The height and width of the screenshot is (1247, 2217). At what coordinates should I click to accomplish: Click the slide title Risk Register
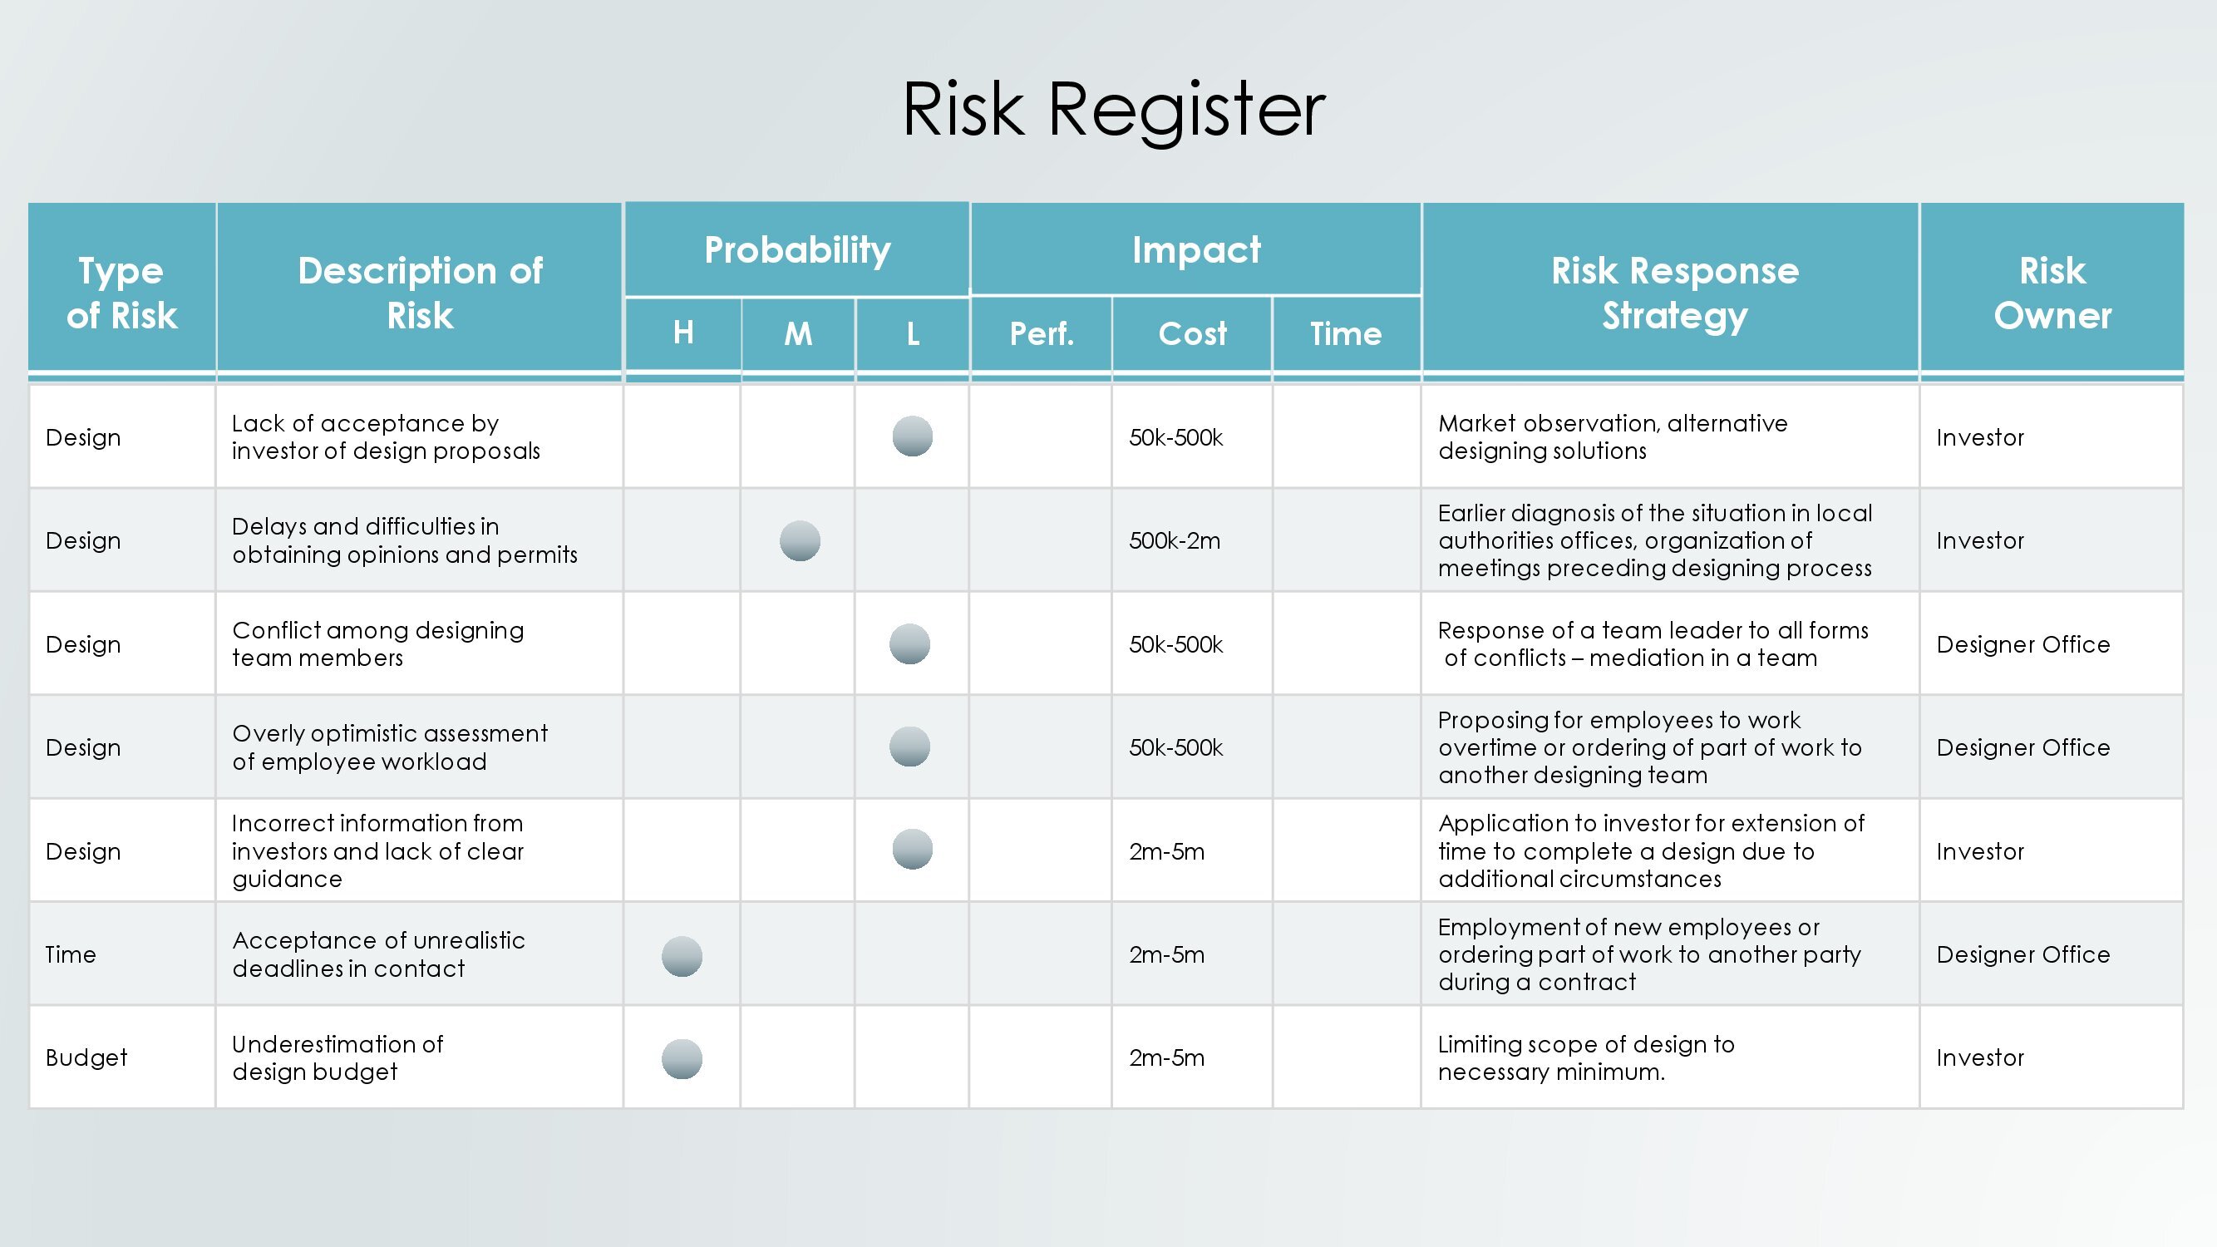click(1114, 111)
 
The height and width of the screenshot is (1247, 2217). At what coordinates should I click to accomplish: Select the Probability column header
click(797, 250)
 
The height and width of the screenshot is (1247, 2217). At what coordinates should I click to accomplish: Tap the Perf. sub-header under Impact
click(1042, 334)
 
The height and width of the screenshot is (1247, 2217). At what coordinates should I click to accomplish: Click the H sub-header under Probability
click(683, 333)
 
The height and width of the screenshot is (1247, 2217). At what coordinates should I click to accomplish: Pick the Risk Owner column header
click(2052, 293)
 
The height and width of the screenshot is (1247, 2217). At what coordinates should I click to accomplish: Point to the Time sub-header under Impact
click(1346, 334)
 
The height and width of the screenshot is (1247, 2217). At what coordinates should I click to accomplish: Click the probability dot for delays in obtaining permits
click(800, 540)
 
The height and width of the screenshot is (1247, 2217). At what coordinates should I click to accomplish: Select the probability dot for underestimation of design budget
click(682, 1058)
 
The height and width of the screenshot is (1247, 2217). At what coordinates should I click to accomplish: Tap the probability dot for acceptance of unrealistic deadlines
click(682, 956)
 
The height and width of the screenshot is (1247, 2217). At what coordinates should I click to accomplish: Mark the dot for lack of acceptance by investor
click(912, 436)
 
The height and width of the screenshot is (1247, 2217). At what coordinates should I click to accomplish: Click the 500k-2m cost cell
click(1175, 540)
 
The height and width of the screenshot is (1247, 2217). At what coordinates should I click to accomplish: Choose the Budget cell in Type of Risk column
click(86, 1057)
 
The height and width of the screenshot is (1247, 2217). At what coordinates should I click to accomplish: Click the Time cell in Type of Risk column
click(71, 954)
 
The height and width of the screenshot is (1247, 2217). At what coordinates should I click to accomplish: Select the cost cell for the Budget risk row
click(1167, 1057)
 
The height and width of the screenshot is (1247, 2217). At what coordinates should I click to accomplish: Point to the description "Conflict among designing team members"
click(378, 643)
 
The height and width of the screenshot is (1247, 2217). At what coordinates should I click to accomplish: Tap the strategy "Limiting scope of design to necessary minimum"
click(1586, 1057)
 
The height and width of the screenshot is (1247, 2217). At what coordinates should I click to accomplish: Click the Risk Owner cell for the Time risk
click(2023, 954)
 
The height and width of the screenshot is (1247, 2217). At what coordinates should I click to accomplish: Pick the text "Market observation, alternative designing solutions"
click(1613, 437)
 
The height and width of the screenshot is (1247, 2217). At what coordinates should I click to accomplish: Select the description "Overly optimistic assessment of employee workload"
click(390, 747)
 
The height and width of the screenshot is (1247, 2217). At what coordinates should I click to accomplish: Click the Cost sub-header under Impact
click(1192, 334)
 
